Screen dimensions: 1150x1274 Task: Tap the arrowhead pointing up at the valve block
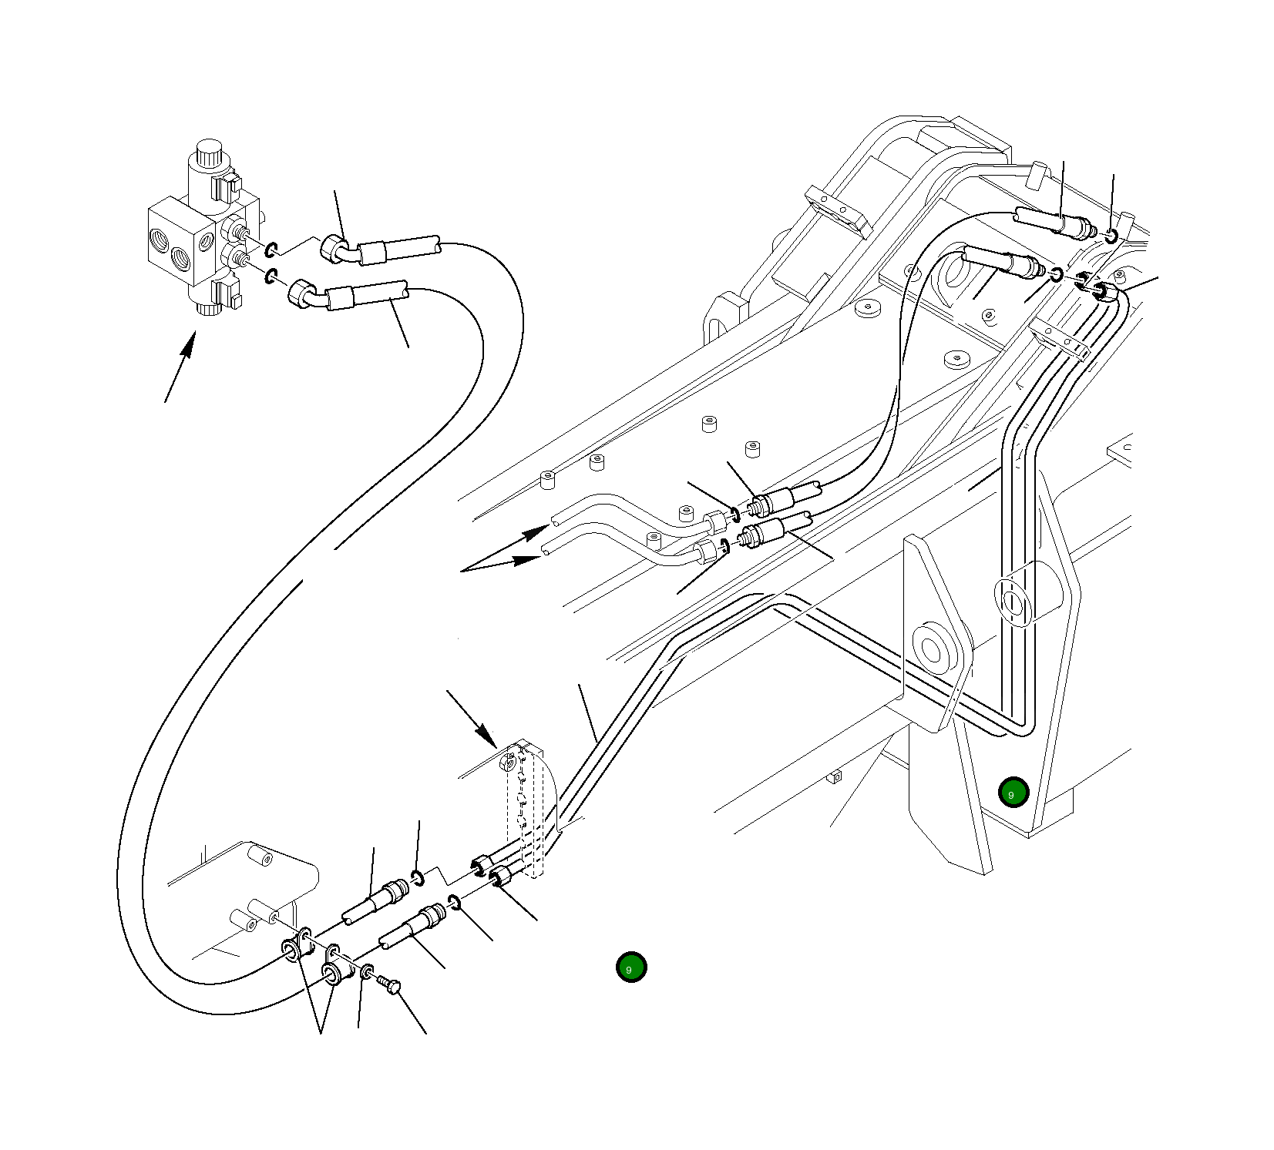tap(187, 347)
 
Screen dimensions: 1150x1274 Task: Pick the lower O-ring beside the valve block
tap(271, 276)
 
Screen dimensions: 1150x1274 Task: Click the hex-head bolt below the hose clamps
tap(390, 984)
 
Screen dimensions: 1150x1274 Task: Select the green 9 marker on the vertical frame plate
tap(1013, 792)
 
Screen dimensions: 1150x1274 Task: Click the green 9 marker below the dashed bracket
tap(631, 967)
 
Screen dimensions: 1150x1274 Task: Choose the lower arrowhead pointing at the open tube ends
tap(530, 558)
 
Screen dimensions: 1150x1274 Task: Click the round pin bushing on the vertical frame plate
tap(932, 649)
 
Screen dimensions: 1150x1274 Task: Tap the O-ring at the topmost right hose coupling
tap(1110, 235)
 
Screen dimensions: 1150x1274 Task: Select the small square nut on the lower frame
tap(835, 777)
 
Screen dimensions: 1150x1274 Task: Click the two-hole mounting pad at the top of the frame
tap(838, 210)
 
